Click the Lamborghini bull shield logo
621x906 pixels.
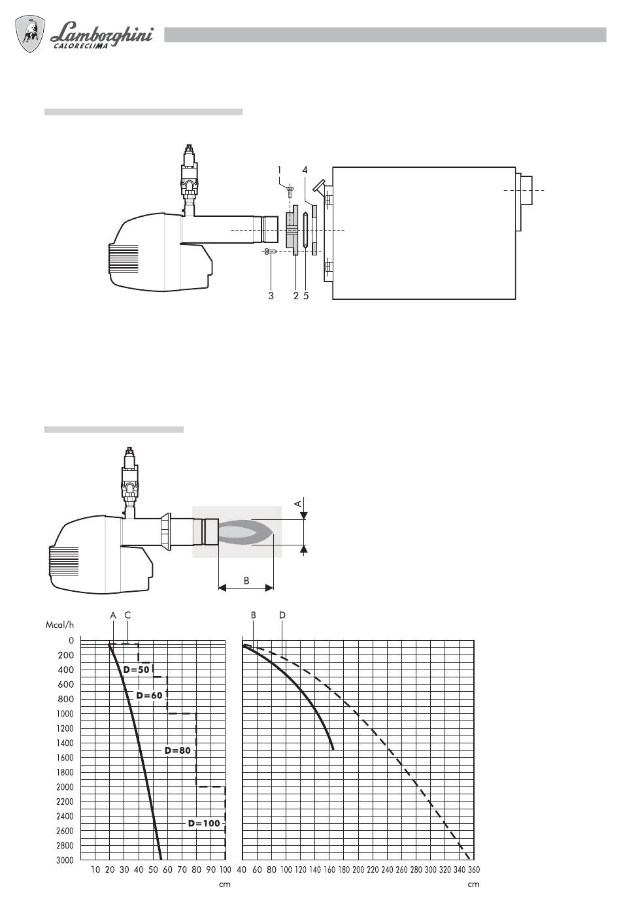(x=30, y=34)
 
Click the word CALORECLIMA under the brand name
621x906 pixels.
(x=81, y=46)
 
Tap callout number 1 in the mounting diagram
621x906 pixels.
(x=279, y=170)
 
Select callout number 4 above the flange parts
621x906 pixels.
(x=305, y=170)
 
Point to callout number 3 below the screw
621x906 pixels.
(x=271, y=296)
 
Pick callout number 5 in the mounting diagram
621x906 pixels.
(x=306, y=296)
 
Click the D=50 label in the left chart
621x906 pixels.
(x=137, y=670)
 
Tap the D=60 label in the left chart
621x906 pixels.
(x=150, y=695)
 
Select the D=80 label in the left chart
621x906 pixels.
(x=177, y=751)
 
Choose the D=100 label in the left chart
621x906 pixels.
(x=204, y=823)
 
